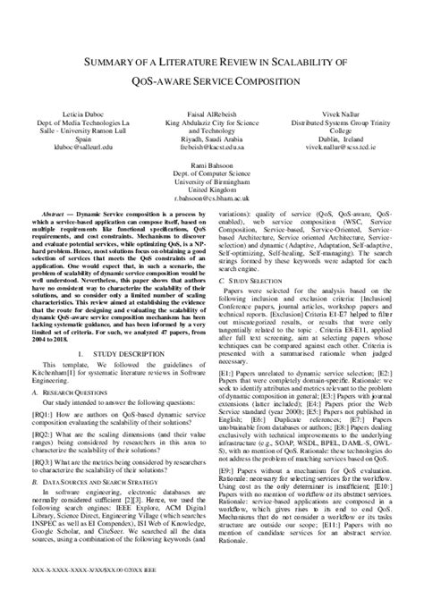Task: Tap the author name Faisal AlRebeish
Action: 211,117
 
